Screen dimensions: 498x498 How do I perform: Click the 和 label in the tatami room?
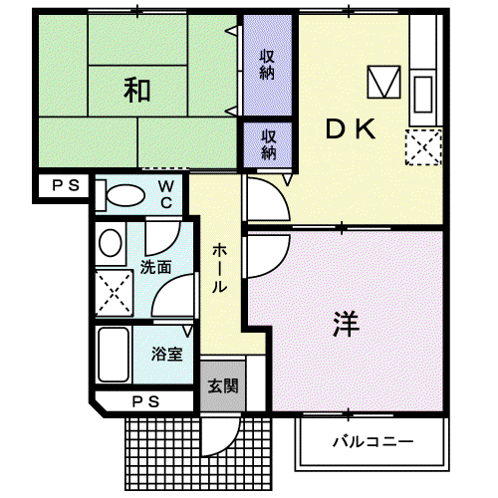136,90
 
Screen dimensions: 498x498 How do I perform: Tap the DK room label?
351,129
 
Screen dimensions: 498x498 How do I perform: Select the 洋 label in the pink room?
347,324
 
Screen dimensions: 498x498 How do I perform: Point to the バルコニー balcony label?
373,441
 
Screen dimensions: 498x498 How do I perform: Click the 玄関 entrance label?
223,385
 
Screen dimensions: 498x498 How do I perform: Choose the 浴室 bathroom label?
167,354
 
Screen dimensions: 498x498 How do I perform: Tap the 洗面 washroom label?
155,267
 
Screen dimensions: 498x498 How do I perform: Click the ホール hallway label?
219,268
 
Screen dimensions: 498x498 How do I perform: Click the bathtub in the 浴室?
114,355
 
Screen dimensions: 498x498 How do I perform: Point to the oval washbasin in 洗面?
111,243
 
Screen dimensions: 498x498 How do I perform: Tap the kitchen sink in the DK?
423,95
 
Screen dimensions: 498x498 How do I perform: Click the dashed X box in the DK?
423,147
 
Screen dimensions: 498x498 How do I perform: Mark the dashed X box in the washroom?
114,293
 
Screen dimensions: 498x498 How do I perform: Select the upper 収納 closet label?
267,65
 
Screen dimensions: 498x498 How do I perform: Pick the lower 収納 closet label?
268,144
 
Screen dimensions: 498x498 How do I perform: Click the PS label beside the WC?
66,185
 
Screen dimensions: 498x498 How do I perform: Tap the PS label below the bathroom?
145,402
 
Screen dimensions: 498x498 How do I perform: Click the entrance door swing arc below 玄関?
230,445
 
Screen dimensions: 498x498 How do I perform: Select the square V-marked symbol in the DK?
383,82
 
